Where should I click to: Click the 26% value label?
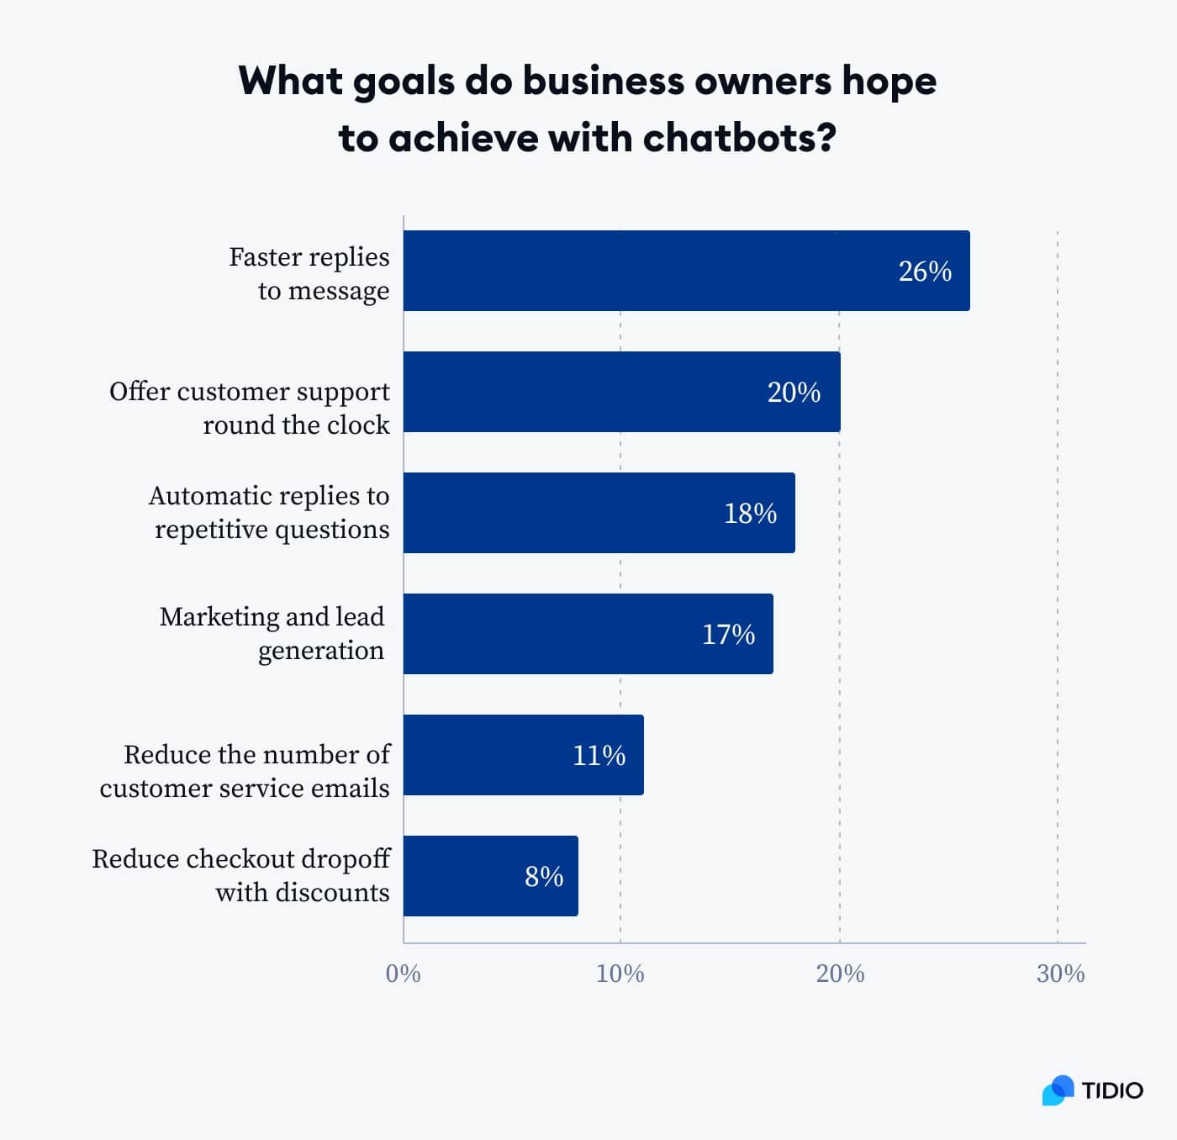(x=925, y=272)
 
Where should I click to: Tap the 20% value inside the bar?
(x=794, y=393)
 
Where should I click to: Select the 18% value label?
(x=750, y=514)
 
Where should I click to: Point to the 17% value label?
(x=728, y=635)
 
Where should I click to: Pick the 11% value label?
(x=599, y=756)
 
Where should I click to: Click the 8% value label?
(x=544, y=877)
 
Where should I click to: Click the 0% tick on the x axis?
(x=403, y=974)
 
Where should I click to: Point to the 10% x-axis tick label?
(x=620, y=974)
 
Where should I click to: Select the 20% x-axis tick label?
(x=840, y=974)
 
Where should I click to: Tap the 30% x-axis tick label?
(x=1060, y=974)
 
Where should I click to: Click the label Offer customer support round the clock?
(x=251, y=408)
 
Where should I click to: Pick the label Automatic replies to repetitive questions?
(x=269, y=512)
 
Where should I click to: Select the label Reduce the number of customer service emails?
(x=245, y=771)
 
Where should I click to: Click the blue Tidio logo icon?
(x=1058, y=1090)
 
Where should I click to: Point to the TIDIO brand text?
(x=1112, y=1091)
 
